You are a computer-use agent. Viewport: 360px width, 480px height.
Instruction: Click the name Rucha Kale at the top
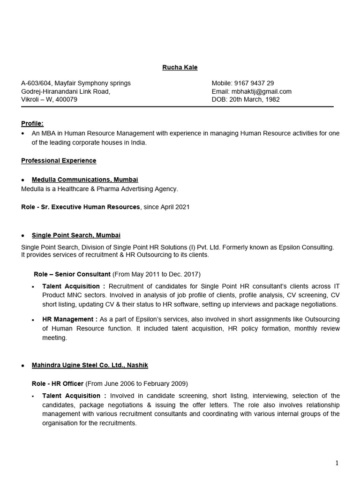(x=180, y=67)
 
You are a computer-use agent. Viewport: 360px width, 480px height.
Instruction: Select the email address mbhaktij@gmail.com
(x=261, y=91)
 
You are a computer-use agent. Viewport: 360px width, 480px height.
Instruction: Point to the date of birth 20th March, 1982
(x=254, y=99)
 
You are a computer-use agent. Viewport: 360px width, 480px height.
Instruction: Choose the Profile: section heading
(x=32, y=124)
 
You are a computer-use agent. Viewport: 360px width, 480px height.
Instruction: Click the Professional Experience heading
(x=59, y=161)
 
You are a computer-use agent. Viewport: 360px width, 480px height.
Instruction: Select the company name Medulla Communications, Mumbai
(x=85, y=180)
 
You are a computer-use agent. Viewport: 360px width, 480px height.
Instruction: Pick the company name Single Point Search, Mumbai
(x=76, y=235)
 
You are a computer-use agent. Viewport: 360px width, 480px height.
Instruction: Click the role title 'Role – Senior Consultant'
(x=72, y=274)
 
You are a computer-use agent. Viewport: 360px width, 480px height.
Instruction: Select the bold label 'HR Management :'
(x=70, y=319)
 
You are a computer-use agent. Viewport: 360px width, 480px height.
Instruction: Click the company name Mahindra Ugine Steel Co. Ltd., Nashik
(x=90, y=365)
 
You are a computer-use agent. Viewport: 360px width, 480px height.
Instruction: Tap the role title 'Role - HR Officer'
(x=58, y=383)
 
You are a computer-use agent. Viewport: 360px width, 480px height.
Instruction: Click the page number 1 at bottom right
(x=337, y=463)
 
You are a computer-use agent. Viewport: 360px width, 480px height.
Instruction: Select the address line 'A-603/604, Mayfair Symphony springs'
(x=76, y=83)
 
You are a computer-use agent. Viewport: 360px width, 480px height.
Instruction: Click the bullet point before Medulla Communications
(x=23, y=180)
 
